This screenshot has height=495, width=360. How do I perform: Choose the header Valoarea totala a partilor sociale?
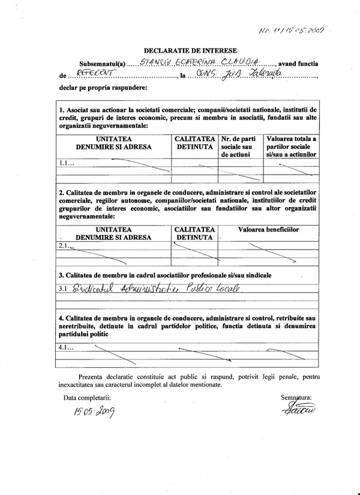tap(292, 146)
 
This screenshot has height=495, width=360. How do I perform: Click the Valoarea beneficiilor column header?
tap(268, 229)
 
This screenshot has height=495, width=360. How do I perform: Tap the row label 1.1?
tap(66, 163)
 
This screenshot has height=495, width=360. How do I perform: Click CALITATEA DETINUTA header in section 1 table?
tap(194, 142)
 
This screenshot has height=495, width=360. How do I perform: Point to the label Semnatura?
tap(296, 397)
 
